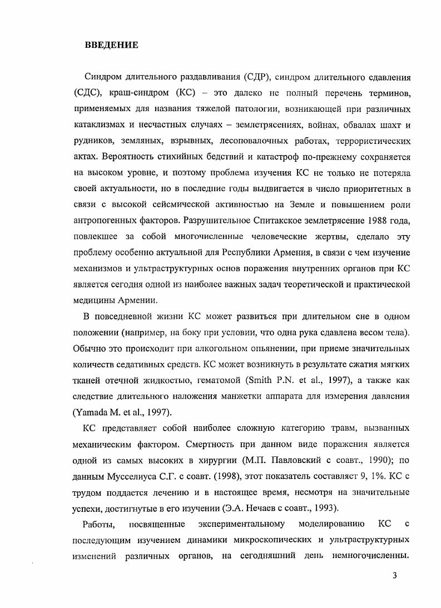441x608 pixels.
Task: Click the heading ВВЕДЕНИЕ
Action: (111, 45)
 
